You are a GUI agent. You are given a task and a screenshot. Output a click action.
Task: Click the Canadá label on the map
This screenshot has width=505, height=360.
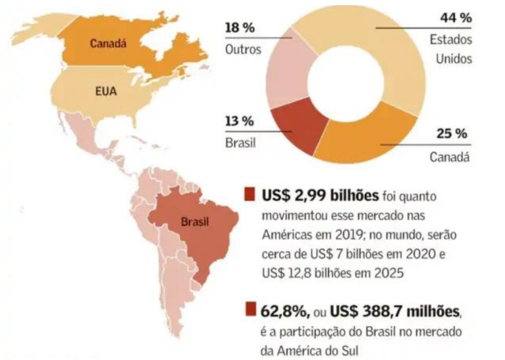click(x=108, y=45)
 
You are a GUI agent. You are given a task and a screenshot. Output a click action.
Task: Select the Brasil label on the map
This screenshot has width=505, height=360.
click(x=195, y=221)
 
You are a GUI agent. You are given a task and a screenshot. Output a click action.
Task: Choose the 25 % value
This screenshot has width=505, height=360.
click(x=451, y=134)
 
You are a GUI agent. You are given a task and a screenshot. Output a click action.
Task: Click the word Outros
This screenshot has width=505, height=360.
click(x=243, y=49)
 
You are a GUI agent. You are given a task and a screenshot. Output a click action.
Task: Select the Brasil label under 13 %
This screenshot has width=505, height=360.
click(x=240, y=142)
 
